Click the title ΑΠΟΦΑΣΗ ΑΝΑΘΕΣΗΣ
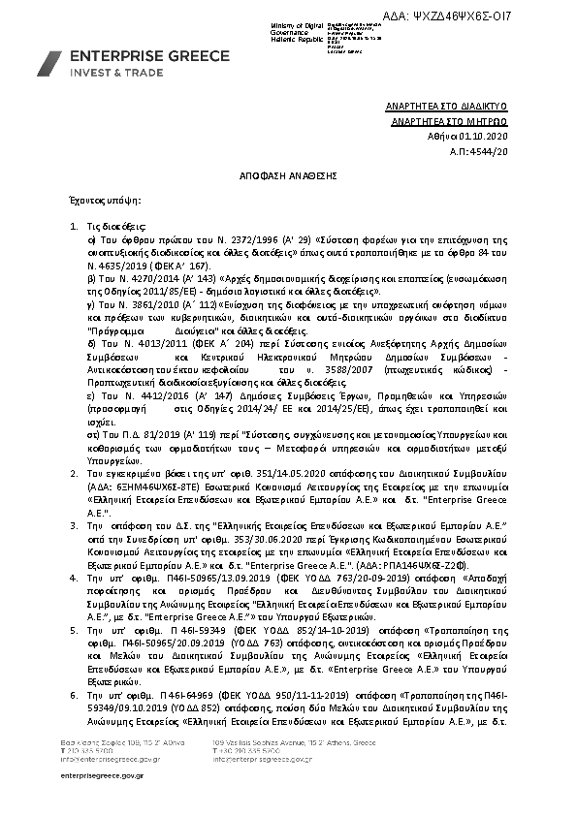[288, 176]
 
